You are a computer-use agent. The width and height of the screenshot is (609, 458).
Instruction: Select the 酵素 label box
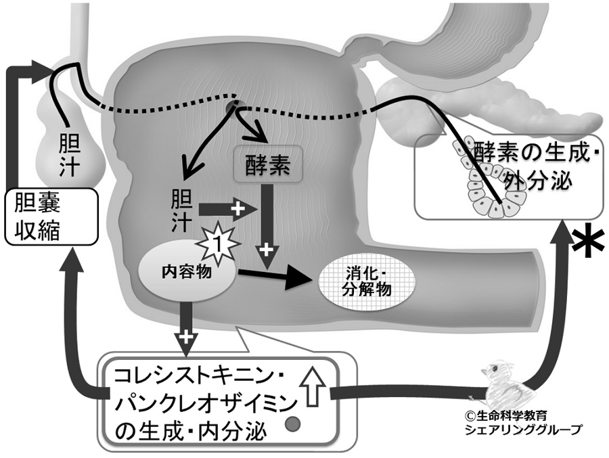click(261, 165)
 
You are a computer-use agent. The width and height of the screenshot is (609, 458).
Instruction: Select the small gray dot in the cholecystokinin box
click(293, 426)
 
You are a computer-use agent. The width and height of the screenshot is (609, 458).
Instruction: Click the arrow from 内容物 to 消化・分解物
click(277, 277)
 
